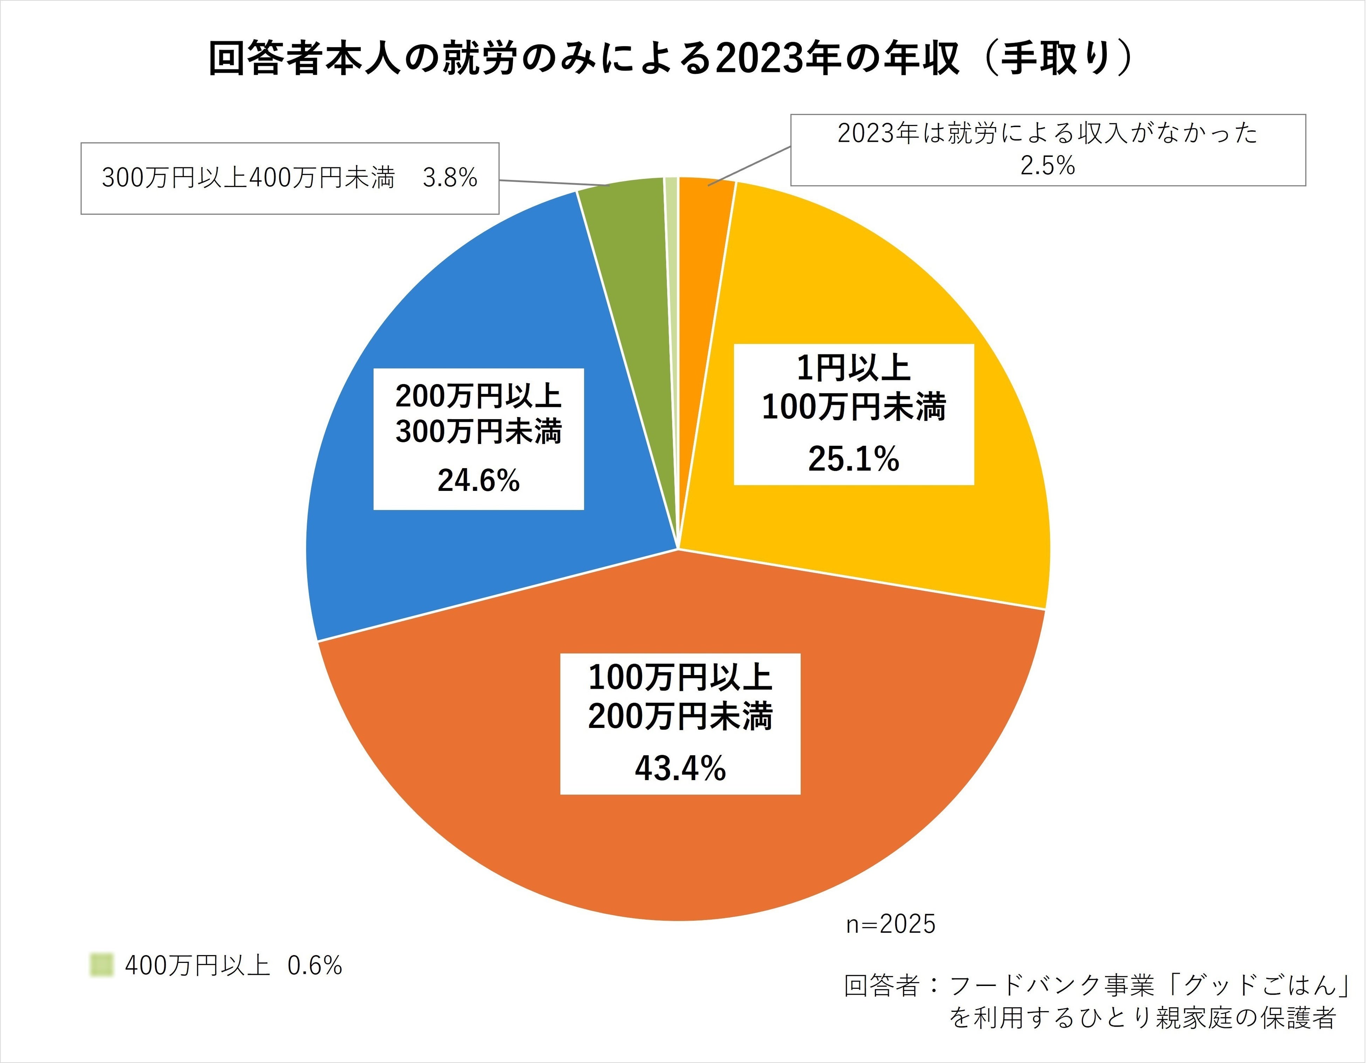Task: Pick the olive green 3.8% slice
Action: tap(626, 250)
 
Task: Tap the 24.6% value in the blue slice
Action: tap(478, 481)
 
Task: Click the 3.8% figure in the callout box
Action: tap(450, 178)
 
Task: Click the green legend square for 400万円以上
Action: tap(101, 965)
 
